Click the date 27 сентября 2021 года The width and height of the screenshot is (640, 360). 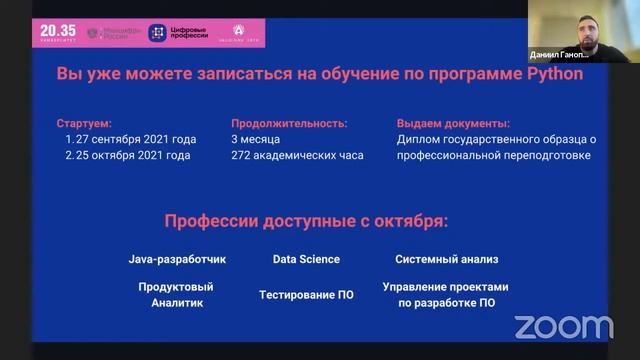click(135, 139)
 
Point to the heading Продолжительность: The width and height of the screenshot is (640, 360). click(289, 123)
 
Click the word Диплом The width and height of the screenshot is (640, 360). click(419, 139)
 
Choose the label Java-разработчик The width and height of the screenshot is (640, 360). click(177, 259)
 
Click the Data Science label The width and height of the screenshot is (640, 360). click(306, 259)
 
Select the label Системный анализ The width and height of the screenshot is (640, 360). click(446, 259)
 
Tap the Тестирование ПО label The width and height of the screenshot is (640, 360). click(305, 295)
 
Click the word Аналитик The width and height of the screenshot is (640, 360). click(177, 302)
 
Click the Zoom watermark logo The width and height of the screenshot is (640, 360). click(563, 326)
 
